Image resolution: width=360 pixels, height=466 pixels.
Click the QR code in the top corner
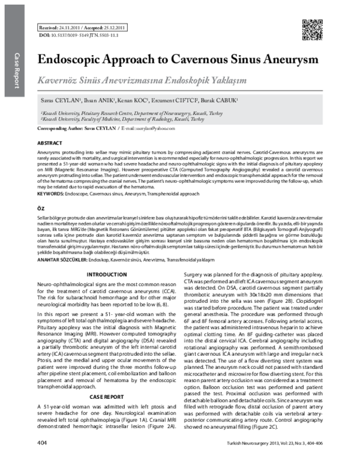point(310,28)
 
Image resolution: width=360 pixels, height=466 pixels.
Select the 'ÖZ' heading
point(41,206)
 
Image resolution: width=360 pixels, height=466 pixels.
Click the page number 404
point(43,459)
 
